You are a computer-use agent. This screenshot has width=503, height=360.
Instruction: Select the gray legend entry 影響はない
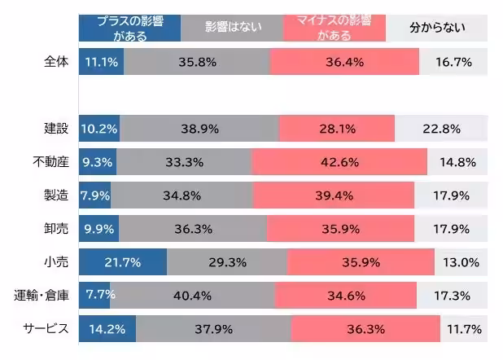231,28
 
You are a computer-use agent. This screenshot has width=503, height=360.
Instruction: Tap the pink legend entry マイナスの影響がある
334,28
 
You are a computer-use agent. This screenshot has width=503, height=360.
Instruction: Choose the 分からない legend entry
437,28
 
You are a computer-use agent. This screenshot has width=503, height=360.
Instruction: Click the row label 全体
57,63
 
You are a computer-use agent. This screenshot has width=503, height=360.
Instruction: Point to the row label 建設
57,128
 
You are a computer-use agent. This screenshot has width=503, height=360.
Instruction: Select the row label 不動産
50,162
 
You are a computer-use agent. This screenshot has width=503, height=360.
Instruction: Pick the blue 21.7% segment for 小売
123,262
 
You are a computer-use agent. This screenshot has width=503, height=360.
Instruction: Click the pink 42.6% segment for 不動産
339,162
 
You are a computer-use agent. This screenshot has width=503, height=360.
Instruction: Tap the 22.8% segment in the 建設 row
440,129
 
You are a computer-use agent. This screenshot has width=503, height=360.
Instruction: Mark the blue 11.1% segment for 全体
102,63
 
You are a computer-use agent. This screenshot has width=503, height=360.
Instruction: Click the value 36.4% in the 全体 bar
344,63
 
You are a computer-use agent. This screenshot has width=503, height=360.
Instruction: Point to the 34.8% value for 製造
182,195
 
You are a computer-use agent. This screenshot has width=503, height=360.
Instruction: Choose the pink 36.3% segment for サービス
365,329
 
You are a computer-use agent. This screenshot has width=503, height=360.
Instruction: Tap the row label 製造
57,195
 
